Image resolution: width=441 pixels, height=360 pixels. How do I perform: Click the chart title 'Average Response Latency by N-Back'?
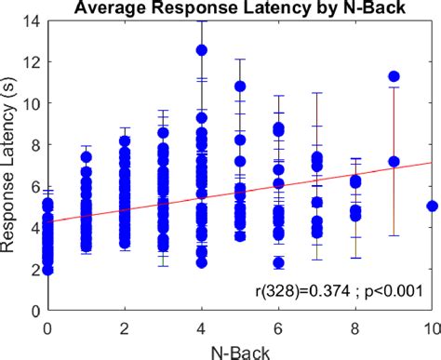(239, 8)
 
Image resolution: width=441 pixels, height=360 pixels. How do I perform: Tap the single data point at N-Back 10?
(432, 206)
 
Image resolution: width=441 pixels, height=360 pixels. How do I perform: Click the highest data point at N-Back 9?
(394, 76)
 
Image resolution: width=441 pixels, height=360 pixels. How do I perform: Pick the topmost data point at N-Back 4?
(201, 50)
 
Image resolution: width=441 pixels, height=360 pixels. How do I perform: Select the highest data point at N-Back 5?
(240, 87)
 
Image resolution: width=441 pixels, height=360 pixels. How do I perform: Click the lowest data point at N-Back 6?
(278, 263)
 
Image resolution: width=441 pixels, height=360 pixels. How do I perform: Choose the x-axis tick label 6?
(278, 327)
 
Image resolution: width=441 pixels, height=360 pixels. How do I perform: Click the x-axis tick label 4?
(201, 327)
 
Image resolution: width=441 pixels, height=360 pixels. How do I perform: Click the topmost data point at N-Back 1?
(86, 157)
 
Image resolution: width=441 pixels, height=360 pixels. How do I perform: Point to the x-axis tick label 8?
(354, 327)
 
